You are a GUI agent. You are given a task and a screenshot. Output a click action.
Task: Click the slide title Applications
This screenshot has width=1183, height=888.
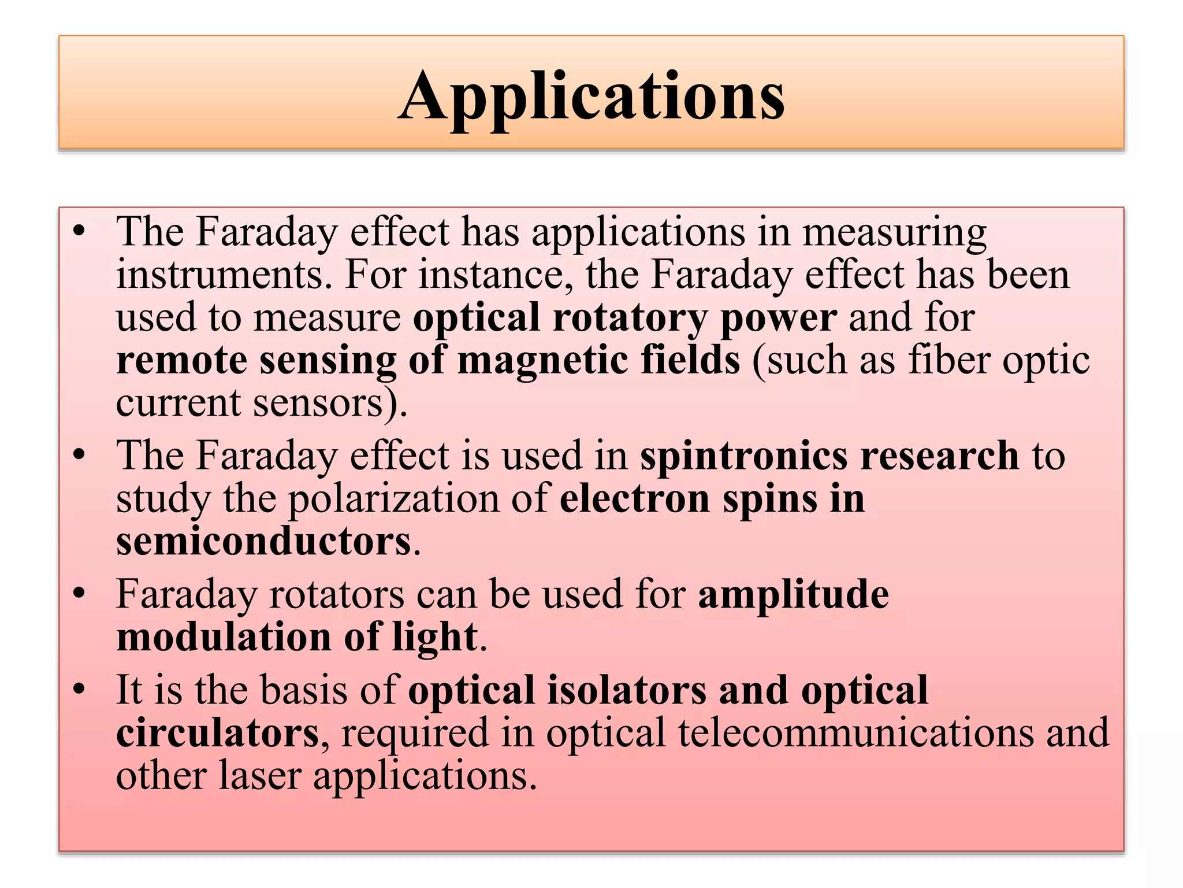(591, 95)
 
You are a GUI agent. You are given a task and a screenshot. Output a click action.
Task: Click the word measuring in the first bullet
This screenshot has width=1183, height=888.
(894, 232)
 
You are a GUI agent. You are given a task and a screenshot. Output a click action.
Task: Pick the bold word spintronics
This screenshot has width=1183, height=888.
(743, 456)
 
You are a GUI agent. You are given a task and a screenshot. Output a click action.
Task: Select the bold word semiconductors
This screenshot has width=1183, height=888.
(264, 542)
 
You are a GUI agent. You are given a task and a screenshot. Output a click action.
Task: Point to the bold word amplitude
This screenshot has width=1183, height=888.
(793, 594)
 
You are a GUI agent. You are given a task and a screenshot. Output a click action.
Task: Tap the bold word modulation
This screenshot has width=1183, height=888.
(224, 637)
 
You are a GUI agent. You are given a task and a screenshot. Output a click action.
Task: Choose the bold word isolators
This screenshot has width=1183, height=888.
(626, 690)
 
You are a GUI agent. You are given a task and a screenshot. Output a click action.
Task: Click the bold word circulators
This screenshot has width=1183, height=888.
(217, 733)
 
